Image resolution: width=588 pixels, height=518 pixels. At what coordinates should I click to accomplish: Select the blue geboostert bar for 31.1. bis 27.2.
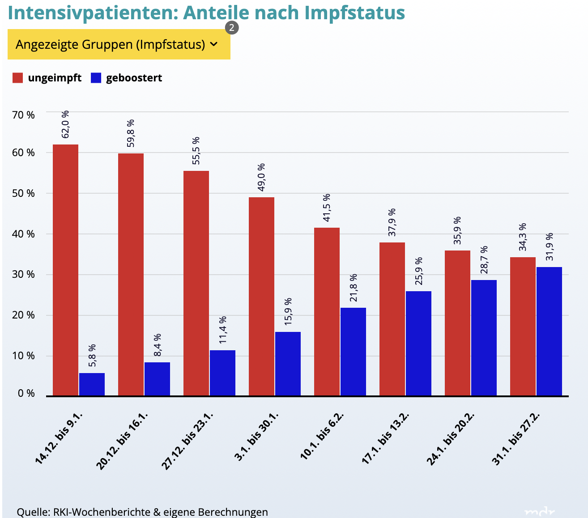(549, 331)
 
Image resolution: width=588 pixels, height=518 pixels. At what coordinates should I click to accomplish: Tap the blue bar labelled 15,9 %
(288, 363)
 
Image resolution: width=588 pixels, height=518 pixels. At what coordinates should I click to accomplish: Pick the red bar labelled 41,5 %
(327, 311)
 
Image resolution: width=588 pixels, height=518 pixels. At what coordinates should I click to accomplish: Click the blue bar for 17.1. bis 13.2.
(418, 343)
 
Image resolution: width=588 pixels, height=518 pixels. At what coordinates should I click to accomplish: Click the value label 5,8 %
(92, 355)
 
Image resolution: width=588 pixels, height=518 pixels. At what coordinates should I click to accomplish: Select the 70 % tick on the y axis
(24, 115)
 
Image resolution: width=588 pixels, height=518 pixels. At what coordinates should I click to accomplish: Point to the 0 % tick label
(26, 394)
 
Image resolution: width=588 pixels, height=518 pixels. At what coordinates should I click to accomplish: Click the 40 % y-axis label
(24, 234)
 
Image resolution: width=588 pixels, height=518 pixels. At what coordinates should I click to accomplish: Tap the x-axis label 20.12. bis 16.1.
(122, 441)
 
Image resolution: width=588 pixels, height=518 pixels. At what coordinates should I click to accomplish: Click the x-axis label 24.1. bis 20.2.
(450, 438)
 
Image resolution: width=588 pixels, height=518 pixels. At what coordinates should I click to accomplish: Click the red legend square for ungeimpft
(17, 78)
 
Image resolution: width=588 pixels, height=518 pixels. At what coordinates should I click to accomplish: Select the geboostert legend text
(134, 78)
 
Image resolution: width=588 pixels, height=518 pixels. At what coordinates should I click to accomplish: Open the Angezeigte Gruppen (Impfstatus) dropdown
(119, 44)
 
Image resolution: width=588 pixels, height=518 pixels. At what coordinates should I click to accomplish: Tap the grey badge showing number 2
(231, 28)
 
